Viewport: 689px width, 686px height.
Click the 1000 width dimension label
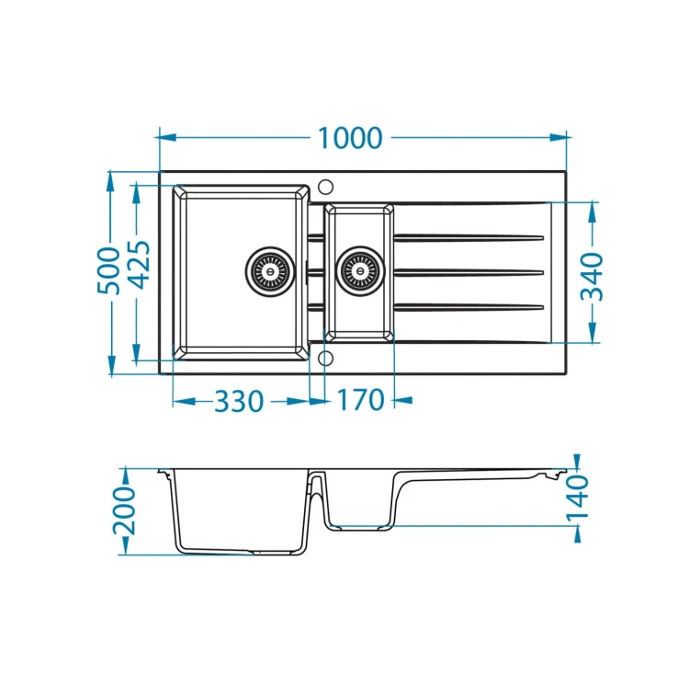[350, 138]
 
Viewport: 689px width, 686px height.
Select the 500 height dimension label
[108, 271]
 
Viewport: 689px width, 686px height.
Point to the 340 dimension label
[592, 276]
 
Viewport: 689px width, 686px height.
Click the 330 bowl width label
[239, 401]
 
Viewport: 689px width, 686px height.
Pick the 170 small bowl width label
[360, 400]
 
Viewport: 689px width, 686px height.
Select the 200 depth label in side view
[125, 510]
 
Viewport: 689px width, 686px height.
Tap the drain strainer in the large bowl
[270, 271]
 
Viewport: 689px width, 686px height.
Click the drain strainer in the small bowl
[360, 271]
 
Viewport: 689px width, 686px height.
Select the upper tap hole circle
[325, 187]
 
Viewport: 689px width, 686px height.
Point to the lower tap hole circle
[325, 359]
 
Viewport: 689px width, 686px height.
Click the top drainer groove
[469, 238]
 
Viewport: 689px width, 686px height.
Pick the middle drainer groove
[469, 272]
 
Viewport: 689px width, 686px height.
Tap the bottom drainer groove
[469, 307]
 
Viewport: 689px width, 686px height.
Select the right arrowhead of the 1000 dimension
[558, 138]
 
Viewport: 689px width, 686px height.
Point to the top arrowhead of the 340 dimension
[593, 212]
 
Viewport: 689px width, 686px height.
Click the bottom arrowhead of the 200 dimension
[125, 545]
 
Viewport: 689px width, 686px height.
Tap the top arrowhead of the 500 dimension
[110, 180]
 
